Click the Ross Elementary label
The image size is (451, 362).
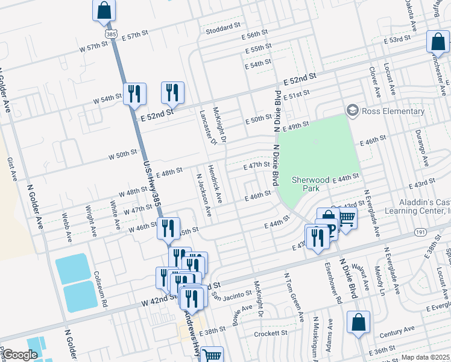(x=393, y=111)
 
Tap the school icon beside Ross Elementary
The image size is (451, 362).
(x=352, y=110)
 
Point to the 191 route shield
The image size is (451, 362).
(x=421, y=232)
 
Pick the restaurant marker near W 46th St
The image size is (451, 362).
(x=168, y=228)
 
